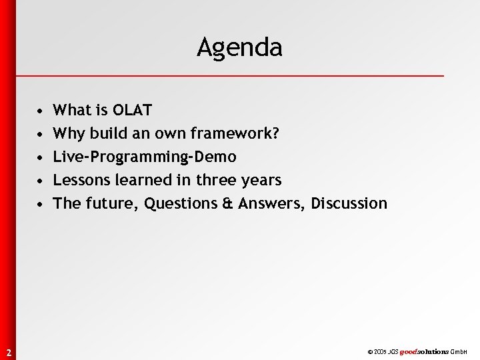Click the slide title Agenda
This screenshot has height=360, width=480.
(239, 47)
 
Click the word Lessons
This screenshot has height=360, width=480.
(83, 180)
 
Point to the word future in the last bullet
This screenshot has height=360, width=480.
(111, 203)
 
